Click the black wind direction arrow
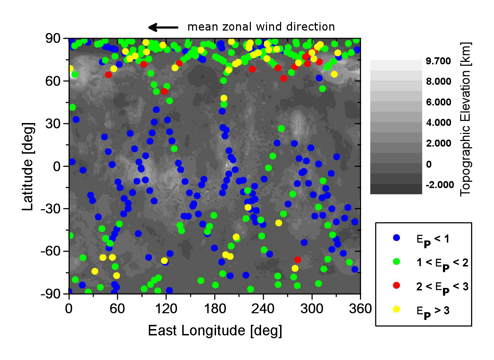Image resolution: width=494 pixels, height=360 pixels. (163, 27)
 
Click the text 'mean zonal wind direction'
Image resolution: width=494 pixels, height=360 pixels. (261, 27)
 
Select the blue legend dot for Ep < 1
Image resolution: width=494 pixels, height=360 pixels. (397, 238)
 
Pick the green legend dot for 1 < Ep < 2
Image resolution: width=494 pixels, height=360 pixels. (397, 262)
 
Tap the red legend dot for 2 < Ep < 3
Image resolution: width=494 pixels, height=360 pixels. (397, 285)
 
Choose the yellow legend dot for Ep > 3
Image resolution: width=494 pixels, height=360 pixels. (397, 309)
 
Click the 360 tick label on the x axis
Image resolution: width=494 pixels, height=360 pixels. (360, 309)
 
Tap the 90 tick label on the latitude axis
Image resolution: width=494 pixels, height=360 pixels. (53, 38)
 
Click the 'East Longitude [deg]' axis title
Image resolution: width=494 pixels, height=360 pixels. (215, 330)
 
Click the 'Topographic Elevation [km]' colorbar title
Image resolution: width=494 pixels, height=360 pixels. (465, 119)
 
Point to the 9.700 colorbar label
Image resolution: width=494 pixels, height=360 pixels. (438, 61)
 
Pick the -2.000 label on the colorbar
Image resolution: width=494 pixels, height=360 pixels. (440, 185)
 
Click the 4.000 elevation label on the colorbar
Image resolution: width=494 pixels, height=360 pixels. (438, 123)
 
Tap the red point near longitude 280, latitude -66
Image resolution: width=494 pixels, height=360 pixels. (298, 259)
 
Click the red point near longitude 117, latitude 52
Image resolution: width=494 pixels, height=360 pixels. (164, 91)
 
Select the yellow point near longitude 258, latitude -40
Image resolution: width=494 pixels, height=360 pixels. (279, 223)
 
